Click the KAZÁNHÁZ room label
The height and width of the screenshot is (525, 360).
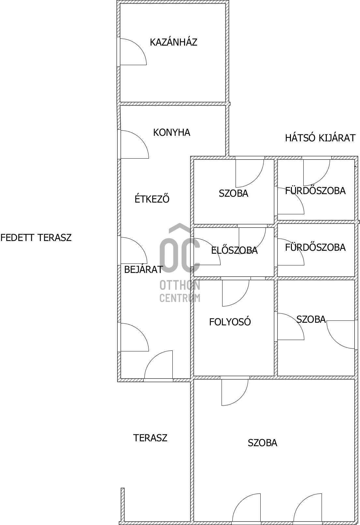click(173, 42)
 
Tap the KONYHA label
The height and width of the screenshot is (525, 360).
click(171, 133)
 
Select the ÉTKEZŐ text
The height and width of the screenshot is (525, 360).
click(152, 199)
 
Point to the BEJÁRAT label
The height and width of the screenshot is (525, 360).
click(143, 270)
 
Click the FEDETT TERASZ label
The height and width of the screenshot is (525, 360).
click(36, 238)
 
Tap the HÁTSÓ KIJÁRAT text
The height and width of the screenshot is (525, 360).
click(320, 138)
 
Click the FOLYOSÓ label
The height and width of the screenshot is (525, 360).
click(230, 322)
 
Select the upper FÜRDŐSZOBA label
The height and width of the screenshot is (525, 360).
click(315, 190)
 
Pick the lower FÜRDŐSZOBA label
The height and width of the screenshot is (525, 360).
click(315, 247)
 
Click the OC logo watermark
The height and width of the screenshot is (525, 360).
click(180, 249)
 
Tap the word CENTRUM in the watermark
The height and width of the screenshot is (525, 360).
click(180, 298)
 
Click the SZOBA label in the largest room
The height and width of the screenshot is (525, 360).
click(263, 443)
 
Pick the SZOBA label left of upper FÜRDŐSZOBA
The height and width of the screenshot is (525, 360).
click(233, 193)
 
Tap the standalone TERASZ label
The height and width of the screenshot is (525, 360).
click(150, 438)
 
